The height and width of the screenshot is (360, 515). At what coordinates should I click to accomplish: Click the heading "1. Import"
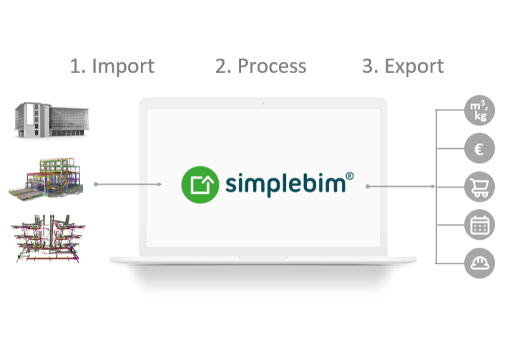coord(112,67)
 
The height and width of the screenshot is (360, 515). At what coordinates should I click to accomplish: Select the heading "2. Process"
coord(260,67)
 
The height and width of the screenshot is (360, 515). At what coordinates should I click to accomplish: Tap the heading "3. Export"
coord(403,67)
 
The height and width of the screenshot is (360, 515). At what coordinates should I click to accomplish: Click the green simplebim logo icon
coord(199,184)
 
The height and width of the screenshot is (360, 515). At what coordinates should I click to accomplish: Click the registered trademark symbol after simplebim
coord(350,174)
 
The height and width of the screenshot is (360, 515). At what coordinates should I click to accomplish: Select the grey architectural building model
coord(51,120)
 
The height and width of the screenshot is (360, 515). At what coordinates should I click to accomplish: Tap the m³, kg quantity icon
coord(479,112)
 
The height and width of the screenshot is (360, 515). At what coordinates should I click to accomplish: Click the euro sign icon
coord(479,150)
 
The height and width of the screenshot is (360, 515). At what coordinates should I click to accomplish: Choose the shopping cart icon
coord(479,188)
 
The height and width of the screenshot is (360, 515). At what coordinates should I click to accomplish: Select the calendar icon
coord(479,225)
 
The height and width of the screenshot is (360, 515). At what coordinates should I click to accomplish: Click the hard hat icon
coord(479,263)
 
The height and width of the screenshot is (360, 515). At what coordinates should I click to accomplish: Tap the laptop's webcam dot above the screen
coord(263,104)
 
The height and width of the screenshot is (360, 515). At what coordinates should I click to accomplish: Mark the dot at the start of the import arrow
coord(95,185)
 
